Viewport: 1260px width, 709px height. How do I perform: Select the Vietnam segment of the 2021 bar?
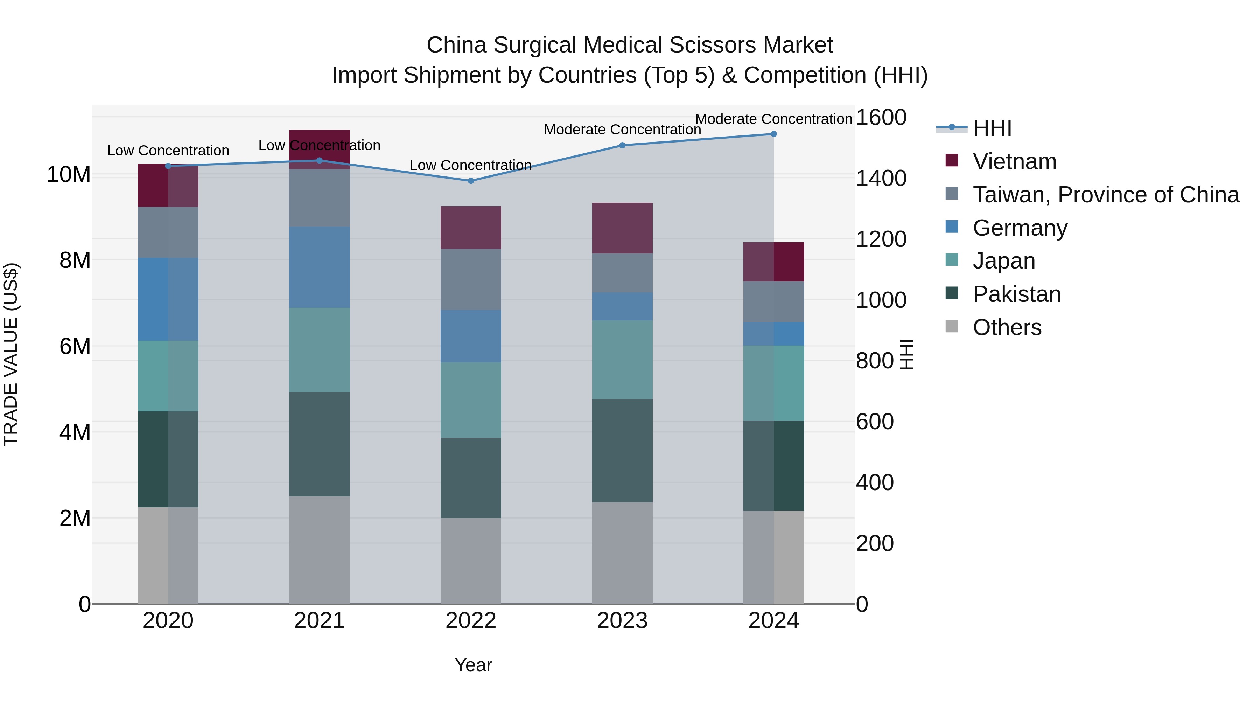point(320,149)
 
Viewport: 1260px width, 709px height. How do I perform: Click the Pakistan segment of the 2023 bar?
point(622,451)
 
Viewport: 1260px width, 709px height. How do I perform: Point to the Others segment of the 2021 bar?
point(320,550)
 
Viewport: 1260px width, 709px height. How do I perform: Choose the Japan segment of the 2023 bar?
point(622,360)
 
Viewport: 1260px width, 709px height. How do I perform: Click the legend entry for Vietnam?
point(1014,161)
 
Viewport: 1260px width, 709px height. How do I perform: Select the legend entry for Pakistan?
point(1016,294)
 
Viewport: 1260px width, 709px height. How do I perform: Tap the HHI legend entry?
point(992,128)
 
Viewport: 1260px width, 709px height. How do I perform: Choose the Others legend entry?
point(1007,327)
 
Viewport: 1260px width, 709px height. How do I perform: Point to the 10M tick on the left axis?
point(69,175)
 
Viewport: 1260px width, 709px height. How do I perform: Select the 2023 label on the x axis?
point(622,621)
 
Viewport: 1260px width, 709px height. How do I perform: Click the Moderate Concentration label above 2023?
point(622,130)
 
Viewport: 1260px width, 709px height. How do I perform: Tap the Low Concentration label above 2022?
point(470,165)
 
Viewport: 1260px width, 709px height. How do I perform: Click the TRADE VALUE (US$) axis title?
point(11,354)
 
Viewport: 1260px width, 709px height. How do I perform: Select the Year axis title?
point(473,665)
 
